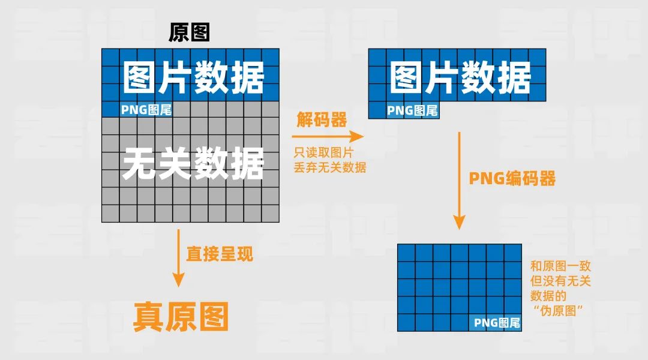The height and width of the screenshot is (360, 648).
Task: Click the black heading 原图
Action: [x=189, y=32]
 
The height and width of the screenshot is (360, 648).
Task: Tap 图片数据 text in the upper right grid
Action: [x=460, y=78]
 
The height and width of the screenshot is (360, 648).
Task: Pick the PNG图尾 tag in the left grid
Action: [x=146, y=110]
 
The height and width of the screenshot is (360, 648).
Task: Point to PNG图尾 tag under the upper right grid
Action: [x=412, y=110]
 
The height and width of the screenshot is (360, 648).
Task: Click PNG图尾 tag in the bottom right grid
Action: [x=497, y=323]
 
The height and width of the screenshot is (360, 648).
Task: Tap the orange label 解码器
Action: [x=322, y=120]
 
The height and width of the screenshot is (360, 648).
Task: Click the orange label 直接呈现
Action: [x=220, y=254]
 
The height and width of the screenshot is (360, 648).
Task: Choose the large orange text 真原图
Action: [x=181, y=316]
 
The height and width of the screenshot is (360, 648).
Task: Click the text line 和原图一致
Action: [x=560, y=266]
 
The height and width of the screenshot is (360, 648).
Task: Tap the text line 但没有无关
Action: [x=560, y=281]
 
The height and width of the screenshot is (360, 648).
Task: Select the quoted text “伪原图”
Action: [x=559, y=310]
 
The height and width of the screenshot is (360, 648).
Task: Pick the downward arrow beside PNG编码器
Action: [x=460, y=180]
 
